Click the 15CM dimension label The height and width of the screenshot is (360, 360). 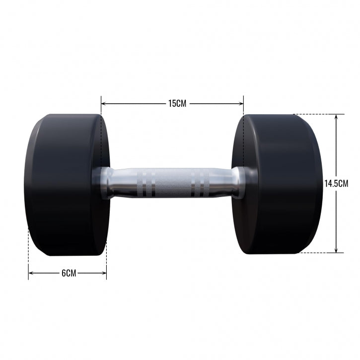click(177, 104)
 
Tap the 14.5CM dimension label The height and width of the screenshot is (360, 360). click(336, 183)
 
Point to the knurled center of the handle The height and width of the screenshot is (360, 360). click(172, 183)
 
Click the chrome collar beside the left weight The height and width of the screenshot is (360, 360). click(106, 183)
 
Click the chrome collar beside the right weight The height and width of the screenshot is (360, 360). click(238, 183)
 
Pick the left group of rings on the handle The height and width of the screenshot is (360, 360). click(145, 183)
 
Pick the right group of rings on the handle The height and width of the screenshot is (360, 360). click(202, 183)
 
